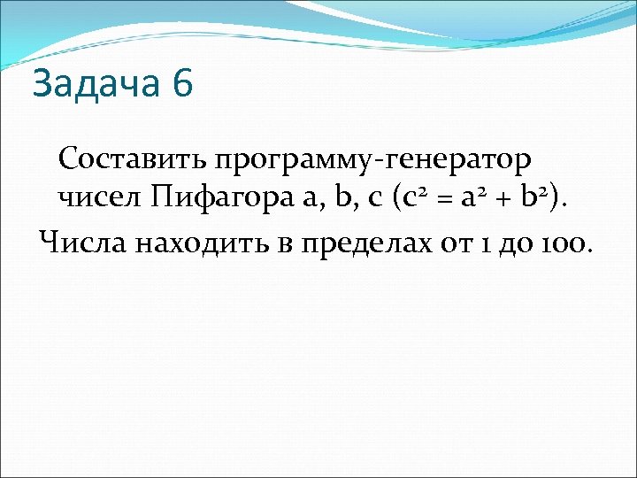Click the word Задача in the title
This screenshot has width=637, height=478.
[96, 85]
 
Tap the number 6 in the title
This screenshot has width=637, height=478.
[182, 85]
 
